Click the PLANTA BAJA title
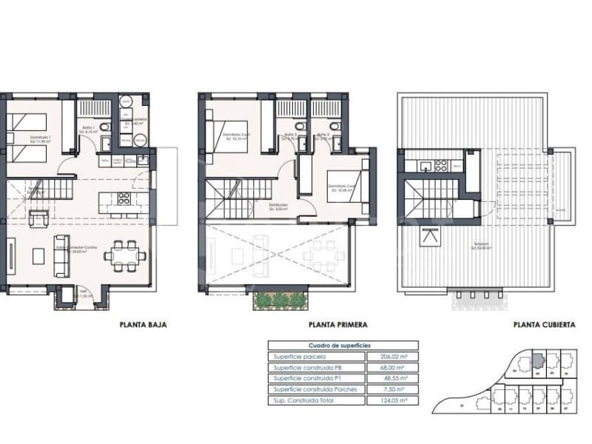pos(143,324)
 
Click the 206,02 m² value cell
pos(392,356)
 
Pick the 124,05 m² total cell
pos(392,400)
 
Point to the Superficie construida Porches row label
pos(316,389)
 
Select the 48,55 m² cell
pos(392,378)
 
